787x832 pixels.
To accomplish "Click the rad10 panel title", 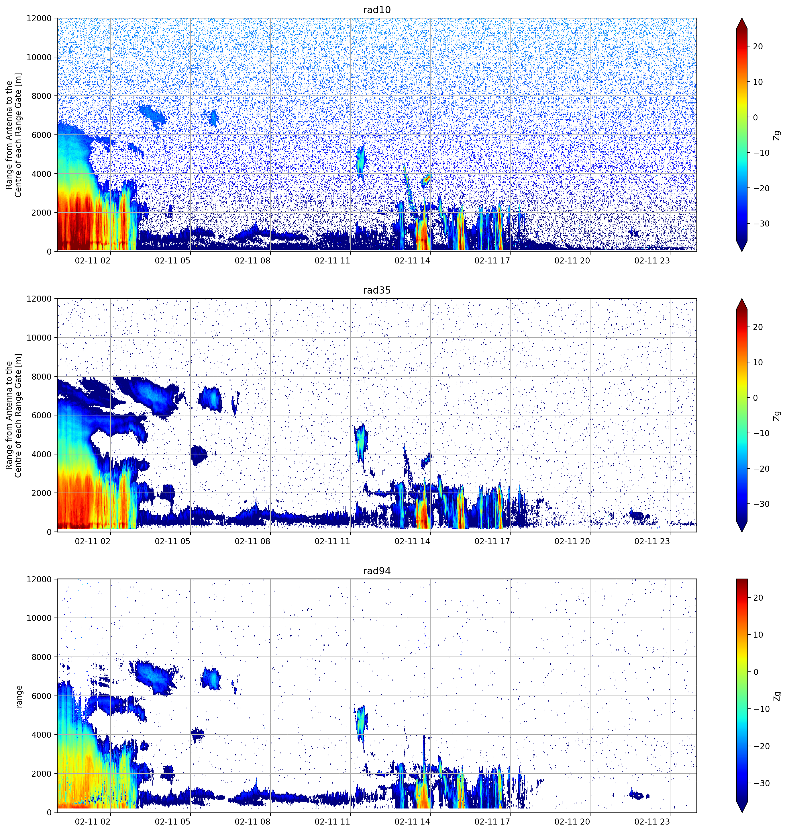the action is [x=377, y=10].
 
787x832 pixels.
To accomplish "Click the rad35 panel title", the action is [x=377, y=290].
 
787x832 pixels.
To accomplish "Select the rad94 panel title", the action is [x=377, y=571].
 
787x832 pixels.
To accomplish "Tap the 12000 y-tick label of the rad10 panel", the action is [x=39, y=18].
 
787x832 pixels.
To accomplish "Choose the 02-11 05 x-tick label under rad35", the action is [x=172, y=541].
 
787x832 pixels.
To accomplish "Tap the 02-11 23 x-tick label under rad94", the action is [x=652, y=821].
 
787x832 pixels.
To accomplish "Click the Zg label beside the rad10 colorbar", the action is [x=777, y=135].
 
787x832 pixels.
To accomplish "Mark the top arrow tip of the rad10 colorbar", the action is [x=742, y=18].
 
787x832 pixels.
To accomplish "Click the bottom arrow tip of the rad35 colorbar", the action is [x=742, y=532].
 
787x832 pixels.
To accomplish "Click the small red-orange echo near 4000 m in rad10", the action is [x=426, y=178].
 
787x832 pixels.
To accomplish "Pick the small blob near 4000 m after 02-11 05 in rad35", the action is [x=199, y=455].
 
